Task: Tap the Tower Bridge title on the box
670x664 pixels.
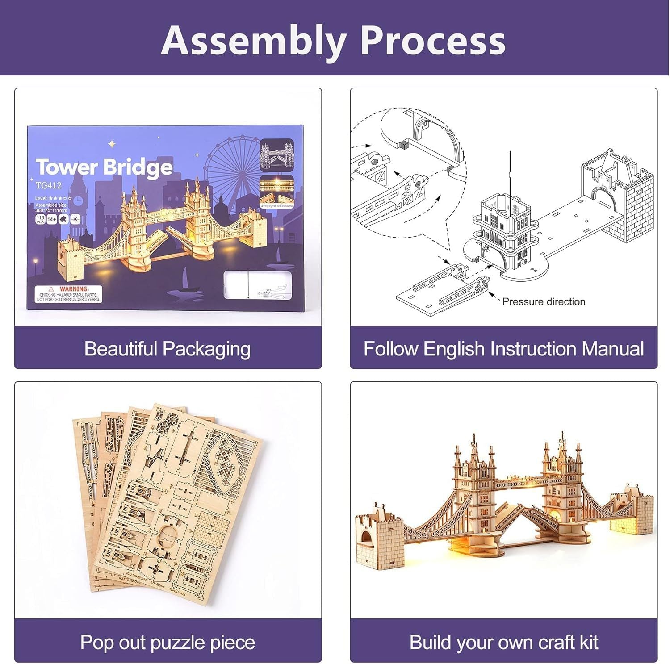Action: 104,167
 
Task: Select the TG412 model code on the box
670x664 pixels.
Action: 48,185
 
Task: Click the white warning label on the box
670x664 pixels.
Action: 69,294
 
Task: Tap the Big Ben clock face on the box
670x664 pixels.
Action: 79,201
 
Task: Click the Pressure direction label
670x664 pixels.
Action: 543,302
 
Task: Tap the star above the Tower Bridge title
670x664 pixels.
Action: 112,144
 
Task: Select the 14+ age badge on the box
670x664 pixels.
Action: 51,219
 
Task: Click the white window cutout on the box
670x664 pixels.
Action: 258,284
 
